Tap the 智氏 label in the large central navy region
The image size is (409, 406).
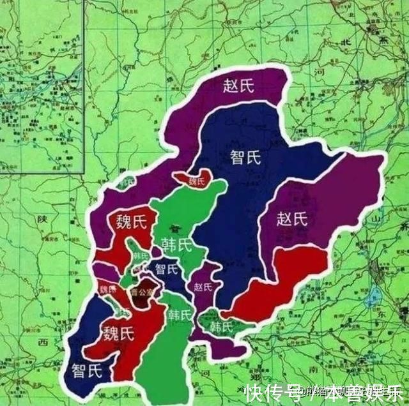[245, 156]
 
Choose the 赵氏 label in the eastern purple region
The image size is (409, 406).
[293, 219]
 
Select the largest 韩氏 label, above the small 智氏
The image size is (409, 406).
[176, 244]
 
